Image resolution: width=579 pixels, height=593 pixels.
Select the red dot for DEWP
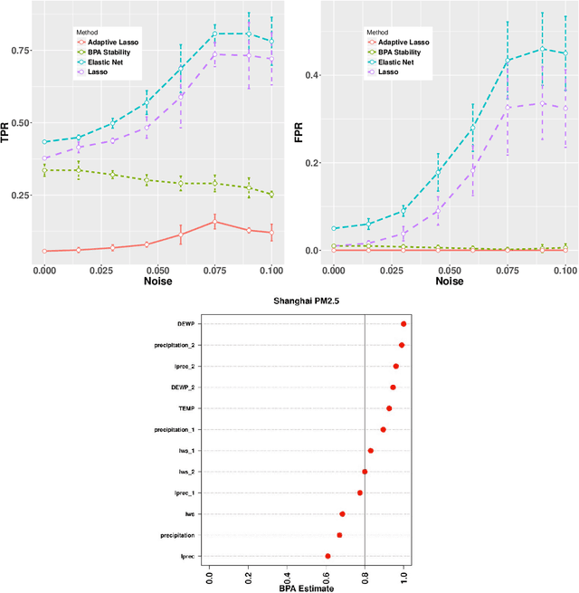403,324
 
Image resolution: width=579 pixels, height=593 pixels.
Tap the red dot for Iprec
327,556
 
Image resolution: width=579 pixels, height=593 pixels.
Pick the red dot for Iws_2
365,472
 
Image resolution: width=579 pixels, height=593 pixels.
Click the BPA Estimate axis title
307,588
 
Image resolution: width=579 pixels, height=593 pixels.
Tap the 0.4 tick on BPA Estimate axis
287,574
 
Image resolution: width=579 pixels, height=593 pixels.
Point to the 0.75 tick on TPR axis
23,51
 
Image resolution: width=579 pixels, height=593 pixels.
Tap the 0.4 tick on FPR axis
315,75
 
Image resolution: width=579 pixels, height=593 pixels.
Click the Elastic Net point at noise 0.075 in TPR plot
214,34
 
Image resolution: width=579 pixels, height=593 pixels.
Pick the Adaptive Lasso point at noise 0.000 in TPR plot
45,251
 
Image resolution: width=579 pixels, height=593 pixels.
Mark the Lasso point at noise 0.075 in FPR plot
508,107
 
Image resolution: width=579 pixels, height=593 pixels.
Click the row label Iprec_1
178,493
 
